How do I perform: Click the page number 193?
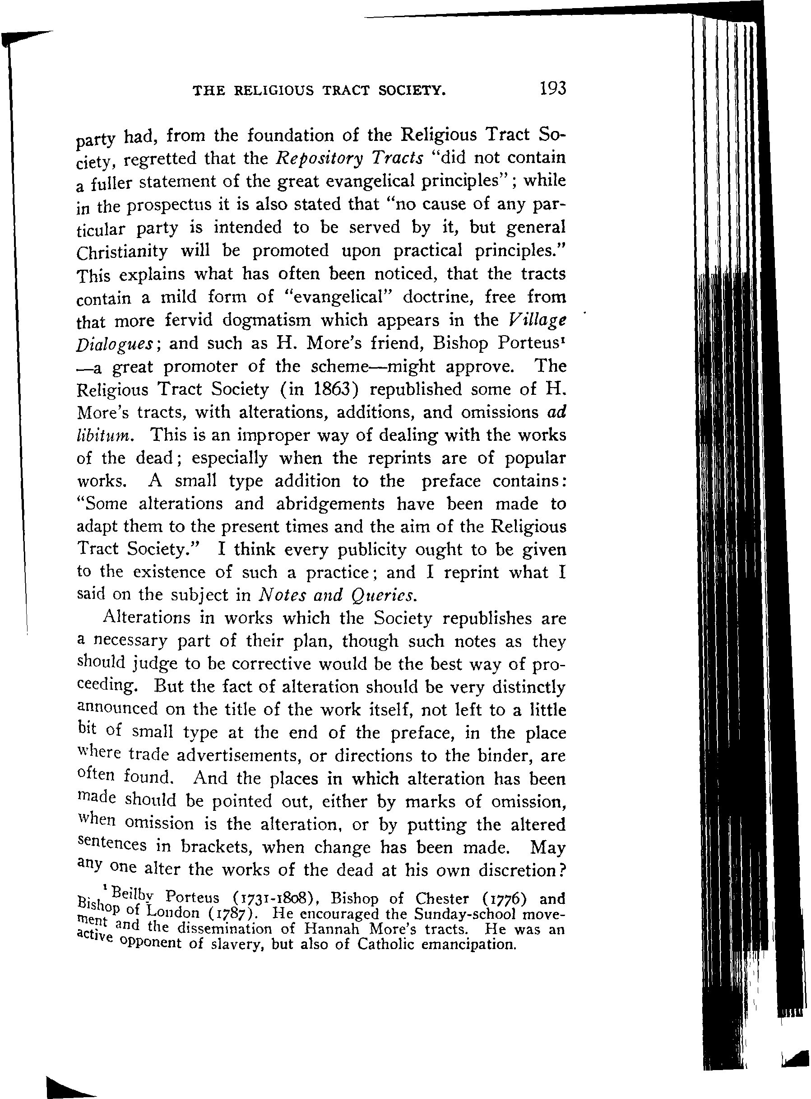coord(553,89)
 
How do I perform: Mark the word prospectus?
coord(169,205)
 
